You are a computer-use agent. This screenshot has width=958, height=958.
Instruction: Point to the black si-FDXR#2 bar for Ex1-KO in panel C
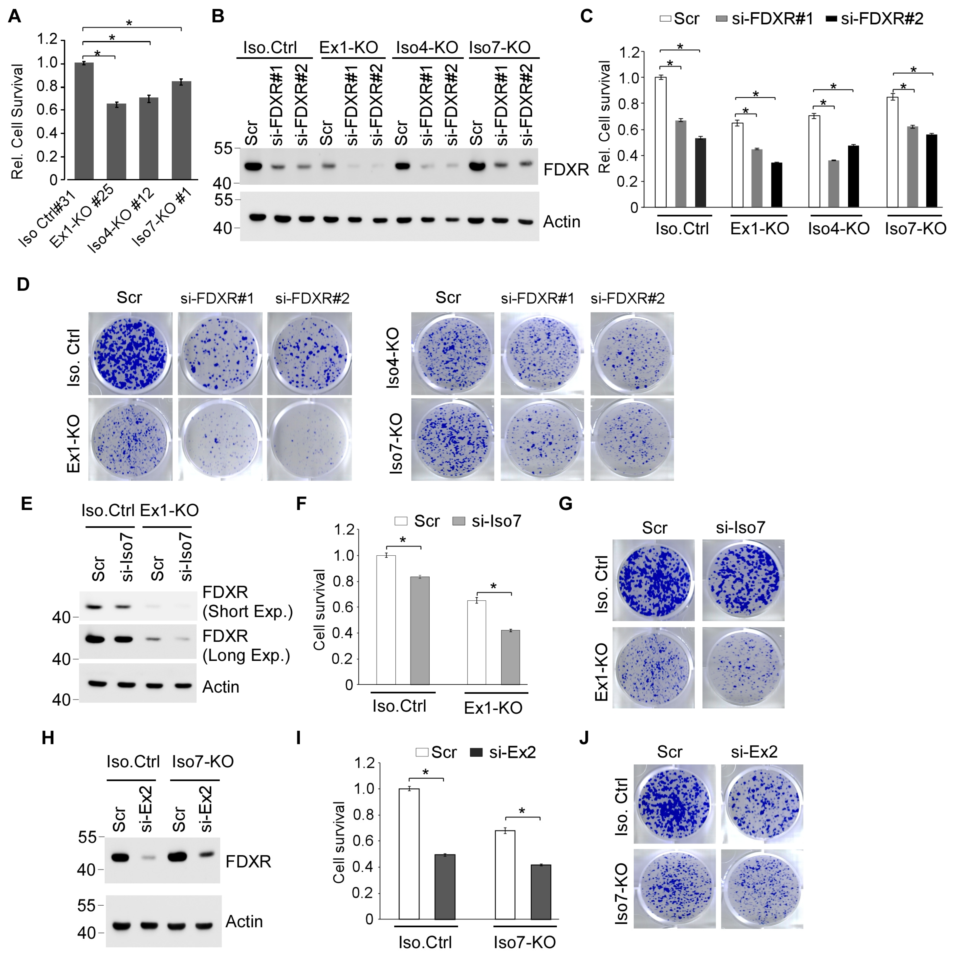coord(777,184)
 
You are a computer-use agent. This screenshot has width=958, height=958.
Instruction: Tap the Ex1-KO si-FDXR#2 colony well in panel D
coord(309,439)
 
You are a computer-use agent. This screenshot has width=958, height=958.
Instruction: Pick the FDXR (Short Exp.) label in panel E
coord(247,602)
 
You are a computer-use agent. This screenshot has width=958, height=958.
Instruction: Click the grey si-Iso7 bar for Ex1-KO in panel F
coord(510,657)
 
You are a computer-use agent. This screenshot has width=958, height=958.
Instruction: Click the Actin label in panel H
coord(244,921)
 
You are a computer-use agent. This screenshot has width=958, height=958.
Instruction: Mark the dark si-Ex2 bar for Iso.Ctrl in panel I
coord(445,887)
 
